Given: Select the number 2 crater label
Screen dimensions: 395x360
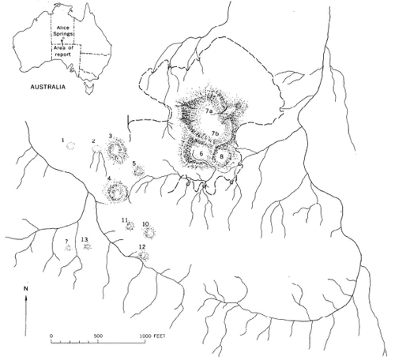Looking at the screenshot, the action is coord(94,141).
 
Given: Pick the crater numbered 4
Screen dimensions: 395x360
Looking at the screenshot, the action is coord(117,189).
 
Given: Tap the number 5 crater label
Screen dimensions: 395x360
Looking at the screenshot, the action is coord(134,163).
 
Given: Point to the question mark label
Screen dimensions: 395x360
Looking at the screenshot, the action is coord(66,240).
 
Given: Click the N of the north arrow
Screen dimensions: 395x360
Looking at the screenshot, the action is coord(26,290).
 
